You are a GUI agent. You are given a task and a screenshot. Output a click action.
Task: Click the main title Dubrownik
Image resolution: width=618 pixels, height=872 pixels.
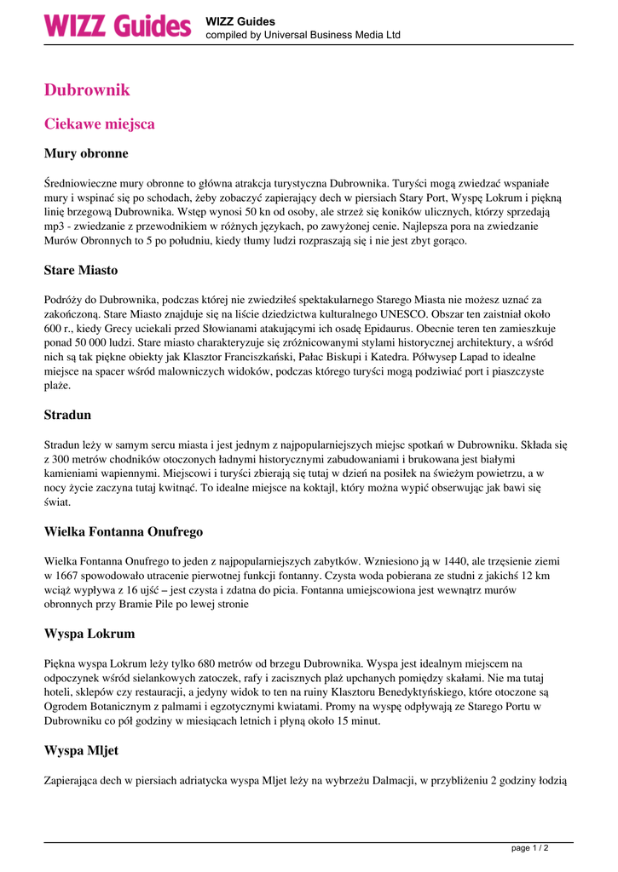(x=87, y=90)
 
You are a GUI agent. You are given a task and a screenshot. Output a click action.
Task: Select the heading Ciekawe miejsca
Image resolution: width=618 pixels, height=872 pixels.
(x=100, y=124)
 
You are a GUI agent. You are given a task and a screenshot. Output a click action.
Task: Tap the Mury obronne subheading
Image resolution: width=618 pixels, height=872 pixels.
(x=86, y=154)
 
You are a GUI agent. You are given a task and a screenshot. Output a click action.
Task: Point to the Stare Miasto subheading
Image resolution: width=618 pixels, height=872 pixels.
(x=81, y=271)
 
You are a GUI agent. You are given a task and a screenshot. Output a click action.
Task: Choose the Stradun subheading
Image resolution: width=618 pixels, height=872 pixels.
(x=67, y=416)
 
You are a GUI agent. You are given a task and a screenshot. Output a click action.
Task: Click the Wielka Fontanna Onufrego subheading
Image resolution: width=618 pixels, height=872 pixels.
(x=124, y=532)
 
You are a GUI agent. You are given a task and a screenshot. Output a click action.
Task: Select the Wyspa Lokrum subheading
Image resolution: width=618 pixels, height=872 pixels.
(x=90, y=634)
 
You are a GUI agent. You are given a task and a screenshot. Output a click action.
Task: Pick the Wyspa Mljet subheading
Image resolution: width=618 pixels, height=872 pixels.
(x=81, y=751)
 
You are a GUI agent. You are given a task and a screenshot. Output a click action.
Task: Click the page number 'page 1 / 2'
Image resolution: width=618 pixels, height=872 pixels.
(x=529, y=848)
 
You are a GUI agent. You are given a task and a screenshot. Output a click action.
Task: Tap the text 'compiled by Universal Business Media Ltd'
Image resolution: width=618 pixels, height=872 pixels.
(x=303, y=35)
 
